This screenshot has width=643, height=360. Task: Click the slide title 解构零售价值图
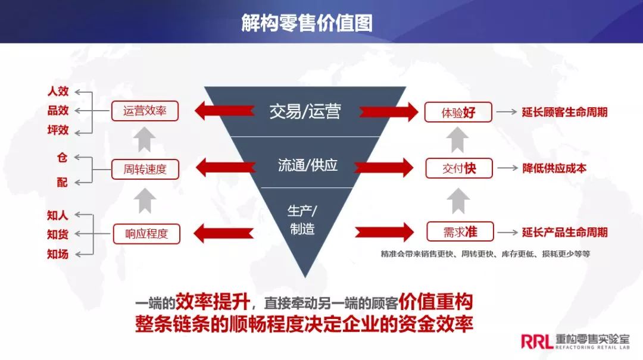point(307,23)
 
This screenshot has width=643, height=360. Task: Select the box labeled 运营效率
point(145,111)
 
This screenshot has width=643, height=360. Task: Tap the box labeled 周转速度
point(145,169)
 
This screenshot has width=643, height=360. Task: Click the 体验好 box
point(458,112)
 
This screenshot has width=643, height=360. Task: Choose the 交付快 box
point(458,168)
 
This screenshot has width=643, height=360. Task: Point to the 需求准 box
point(460,231)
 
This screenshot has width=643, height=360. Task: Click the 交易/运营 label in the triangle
point(305,111)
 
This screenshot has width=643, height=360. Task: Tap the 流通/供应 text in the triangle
point(307,165)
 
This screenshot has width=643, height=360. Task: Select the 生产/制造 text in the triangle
point(302,220)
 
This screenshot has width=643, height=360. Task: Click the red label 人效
point(58,92)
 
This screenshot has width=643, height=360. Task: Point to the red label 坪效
point(58,130)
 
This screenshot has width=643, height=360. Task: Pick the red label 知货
point(58,234)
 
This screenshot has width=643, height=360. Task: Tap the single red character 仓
point(62,158)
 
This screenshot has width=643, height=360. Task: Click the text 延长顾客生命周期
point(564,112)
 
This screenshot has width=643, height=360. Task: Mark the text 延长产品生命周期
point(564,232)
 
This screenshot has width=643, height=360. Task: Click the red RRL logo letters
point(535,340)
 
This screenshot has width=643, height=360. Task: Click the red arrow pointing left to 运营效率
point(217,111)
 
